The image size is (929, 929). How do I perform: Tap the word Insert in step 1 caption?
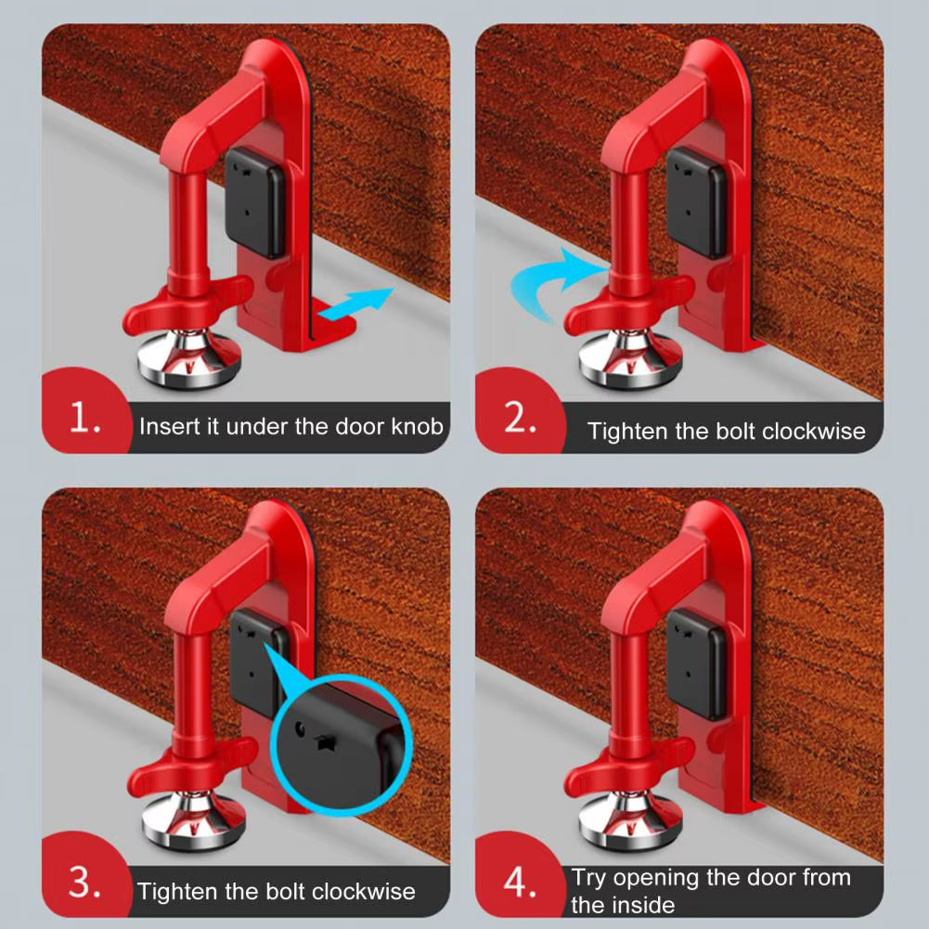pos(163,427)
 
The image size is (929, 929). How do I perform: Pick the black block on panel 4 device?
pos(697,665)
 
